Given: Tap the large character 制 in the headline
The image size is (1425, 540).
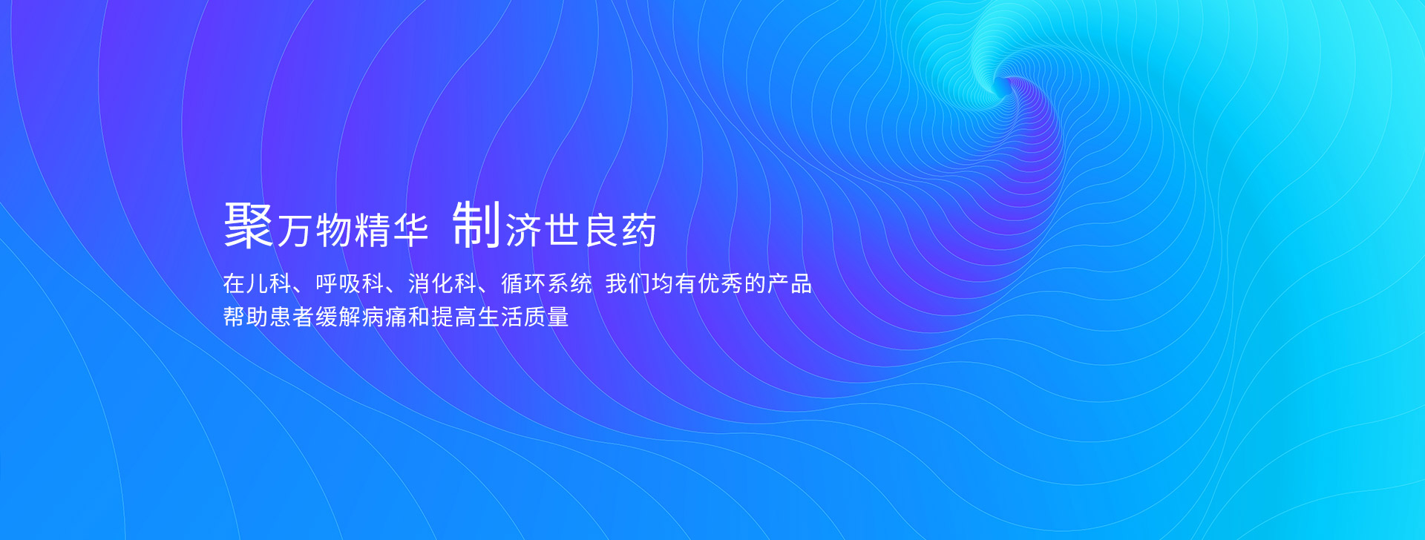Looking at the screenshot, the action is click(x=476, y=224).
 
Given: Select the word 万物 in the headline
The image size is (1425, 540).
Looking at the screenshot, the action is click(x=314, y=230).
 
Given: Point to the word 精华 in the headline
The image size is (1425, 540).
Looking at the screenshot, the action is click(x=392, y=230).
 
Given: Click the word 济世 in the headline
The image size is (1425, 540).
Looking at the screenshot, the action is click(x=543, y=230).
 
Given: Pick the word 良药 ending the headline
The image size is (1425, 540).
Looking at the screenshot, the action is click(x=620, y=230).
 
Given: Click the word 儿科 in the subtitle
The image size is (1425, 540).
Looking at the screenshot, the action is click(x=269, y=283).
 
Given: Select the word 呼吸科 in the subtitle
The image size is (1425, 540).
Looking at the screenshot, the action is click(x=350, y=283).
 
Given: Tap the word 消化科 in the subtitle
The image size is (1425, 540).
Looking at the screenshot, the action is click(x=442, y=283).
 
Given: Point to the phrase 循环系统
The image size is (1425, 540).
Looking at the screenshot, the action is click(x=546, y=283).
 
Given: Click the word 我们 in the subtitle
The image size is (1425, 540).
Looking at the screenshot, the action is click(x=628, y=283).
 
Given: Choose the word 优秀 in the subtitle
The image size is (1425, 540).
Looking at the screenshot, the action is click(x=721, y=283).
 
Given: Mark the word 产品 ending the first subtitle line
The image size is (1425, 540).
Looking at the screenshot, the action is click(x=790, y=283).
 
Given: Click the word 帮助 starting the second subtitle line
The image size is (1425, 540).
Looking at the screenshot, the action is click(x=246, y=317).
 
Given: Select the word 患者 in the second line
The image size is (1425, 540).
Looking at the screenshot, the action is click(x=292, y=317).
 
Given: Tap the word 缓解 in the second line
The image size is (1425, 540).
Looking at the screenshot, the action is click(x=338, y=317).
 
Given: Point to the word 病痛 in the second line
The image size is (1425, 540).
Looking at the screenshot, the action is click(x=384, y=317).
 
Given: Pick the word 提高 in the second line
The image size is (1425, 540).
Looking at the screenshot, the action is click(x=454, y=317).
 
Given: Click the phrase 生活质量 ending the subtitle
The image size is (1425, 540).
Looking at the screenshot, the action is click(x=523, y=317).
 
